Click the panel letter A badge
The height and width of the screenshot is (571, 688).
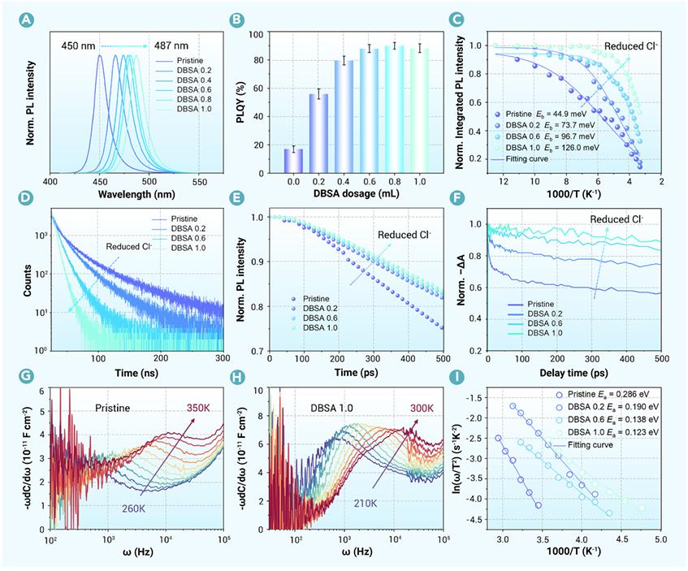coord(27,19)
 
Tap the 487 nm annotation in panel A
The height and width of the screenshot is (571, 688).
coord(171,45)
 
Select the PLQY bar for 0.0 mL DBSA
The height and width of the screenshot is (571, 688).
coord(293,161)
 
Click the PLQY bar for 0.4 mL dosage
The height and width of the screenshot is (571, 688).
coord(344,117)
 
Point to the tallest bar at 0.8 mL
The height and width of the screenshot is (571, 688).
coord(395,110)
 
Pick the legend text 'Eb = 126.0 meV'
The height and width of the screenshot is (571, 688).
coord(572,148)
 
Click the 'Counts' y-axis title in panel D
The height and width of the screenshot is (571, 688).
coord(27,280)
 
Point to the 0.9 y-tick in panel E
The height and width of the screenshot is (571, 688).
coord(257,262)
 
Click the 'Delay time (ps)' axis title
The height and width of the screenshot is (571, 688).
coord(574,373)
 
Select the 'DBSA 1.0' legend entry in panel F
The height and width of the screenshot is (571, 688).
coord(534,333)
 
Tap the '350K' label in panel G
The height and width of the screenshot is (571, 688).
coord(198,409)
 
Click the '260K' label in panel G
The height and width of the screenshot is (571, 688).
coord(133,508)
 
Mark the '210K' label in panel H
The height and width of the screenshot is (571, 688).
coord(366,504)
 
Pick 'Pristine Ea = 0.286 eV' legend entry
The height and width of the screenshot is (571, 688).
coord(602,395)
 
